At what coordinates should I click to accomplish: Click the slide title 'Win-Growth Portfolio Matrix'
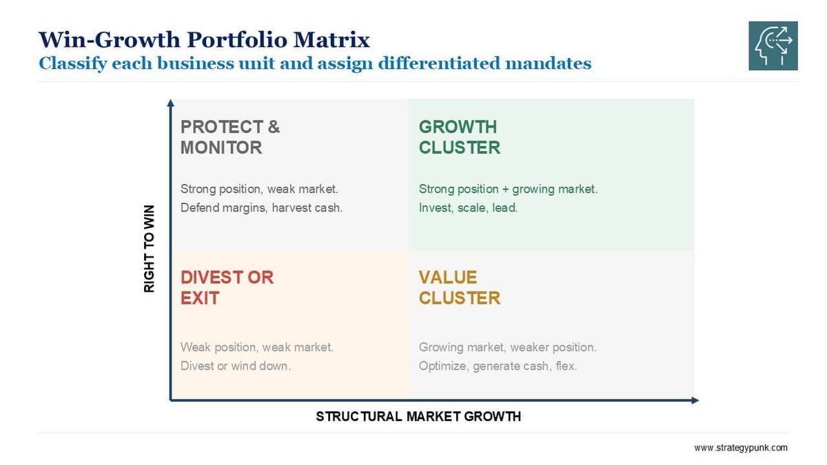[204, 39]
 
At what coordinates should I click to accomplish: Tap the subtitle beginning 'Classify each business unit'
[315, 63]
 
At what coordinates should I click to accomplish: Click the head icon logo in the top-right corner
[773, 45]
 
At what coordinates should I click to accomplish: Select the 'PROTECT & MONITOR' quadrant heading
[230, 137]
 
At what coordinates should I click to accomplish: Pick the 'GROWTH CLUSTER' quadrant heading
[459, 137]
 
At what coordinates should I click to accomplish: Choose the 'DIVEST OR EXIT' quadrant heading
[227, 287]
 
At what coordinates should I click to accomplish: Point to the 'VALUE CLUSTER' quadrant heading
[459, 287]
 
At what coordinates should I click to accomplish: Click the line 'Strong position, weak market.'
[259, 189]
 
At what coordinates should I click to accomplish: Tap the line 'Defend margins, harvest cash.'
[261, 207]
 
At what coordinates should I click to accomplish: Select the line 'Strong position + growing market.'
[508, 189]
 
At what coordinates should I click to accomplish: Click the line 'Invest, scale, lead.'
[468, 207]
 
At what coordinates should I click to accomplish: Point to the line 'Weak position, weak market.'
[256, 347]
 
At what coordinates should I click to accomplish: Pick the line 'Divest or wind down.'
[235, 366]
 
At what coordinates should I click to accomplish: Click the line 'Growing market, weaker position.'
[507, 347]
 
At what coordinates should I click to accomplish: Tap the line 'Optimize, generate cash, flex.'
[498, 366]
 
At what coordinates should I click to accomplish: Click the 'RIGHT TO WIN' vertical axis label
[150, 249]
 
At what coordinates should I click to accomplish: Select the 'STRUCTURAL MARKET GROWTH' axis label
[418, 416]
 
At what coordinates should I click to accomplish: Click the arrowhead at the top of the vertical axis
[170, 103]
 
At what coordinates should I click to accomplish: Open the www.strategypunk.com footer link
[740, 448]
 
